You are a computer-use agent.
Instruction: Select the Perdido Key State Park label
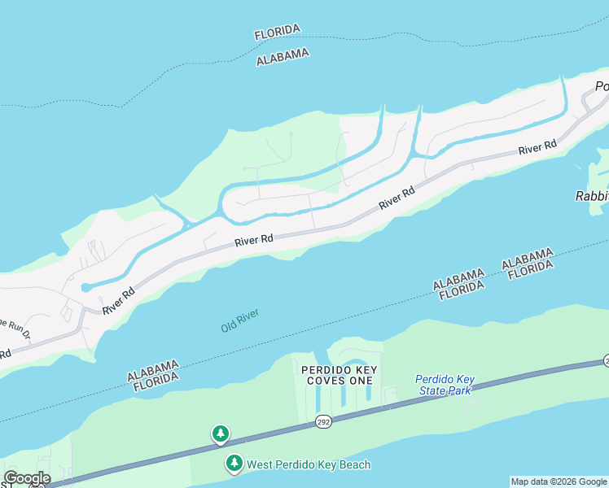click(x=444, y=385)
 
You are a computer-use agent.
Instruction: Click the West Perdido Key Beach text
click(x=309, y=464)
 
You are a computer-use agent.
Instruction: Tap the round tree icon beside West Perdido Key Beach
click(x=234, y=464)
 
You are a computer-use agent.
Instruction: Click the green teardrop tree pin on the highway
click(x=220, y=434)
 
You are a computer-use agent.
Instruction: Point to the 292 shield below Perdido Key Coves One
click(x=322, y=421)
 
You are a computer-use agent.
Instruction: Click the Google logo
click(x=26, y=478)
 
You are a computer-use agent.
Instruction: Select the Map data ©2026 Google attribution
click(x=559, y=481)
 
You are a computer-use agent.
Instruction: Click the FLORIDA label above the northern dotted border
click(x=277, y=33)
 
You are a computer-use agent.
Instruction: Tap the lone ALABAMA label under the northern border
click(x=283, y=57)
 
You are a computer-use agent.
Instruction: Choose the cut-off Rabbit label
click(x=592, y=196)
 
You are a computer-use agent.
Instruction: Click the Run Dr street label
click(x=14, y=326)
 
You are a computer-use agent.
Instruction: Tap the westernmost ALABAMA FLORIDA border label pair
click(x=152, y=372)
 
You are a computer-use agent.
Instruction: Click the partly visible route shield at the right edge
click(x=606, y=360)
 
